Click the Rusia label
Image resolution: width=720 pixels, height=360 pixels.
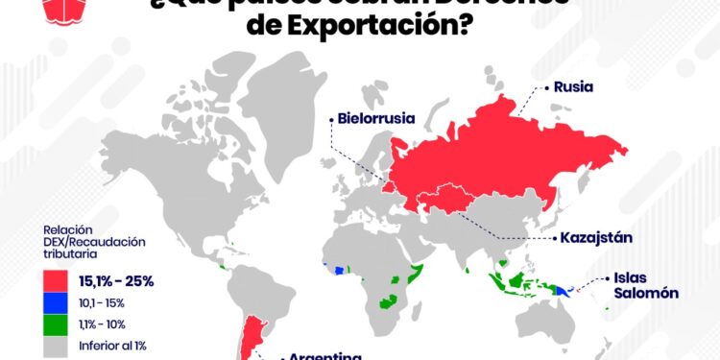tap(573, 87)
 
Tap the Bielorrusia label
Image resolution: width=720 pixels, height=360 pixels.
tap(375, 119)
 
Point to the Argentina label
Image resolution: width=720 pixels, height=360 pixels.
tap(325, 355)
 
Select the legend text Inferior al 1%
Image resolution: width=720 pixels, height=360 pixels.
tap(113, 344)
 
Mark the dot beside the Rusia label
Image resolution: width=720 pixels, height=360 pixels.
tap(547, 87)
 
